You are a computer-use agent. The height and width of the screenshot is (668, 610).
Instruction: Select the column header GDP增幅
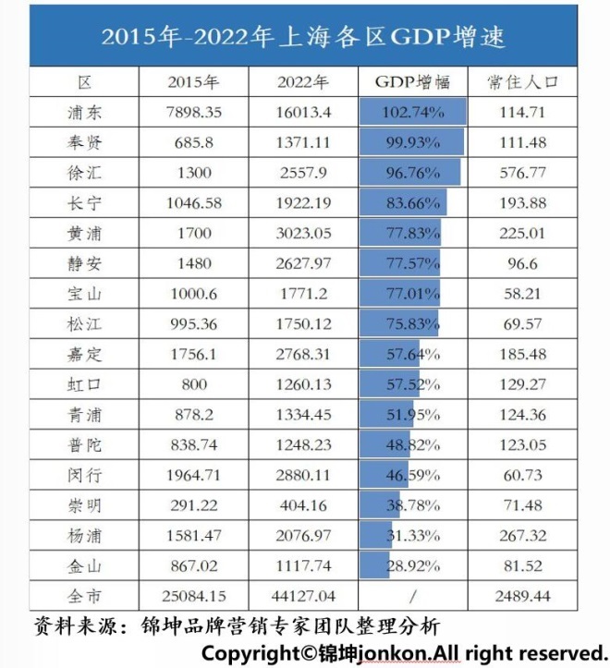(x=412, y=82)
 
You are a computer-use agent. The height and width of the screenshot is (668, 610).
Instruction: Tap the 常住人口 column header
(x=521, y=82)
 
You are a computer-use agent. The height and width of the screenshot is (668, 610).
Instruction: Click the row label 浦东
(x=84, y=113)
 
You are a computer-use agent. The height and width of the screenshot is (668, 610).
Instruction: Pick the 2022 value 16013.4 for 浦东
(x=303, y=113)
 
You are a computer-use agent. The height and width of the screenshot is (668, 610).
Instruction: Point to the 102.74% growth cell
(x=412, y=113)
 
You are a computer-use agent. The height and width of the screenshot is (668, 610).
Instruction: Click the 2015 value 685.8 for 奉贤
(x=192, y=142)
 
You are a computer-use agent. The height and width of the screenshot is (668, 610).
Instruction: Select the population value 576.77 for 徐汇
(x=522, y=173)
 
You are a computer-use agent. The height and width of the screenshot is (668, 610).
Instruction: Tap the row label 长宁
(x=84, y=202)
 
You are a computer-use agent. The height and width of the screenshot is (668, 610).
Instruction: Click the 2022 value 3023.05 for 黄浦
(x=303, y=233)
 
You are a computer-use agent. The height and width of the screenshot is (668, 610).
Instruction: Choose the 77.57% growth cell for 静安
(x=412, y=262)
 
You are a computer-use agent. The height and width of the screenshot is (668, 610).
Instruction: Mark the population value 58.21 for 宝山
(x=522, y=293)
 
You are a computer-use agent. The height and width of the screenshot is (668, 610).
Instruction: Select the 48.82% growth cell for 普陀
(x=412, y=443)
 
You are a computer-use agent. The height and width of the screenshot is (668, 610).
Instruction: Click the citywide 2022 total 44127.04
(x=303, y=593)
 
